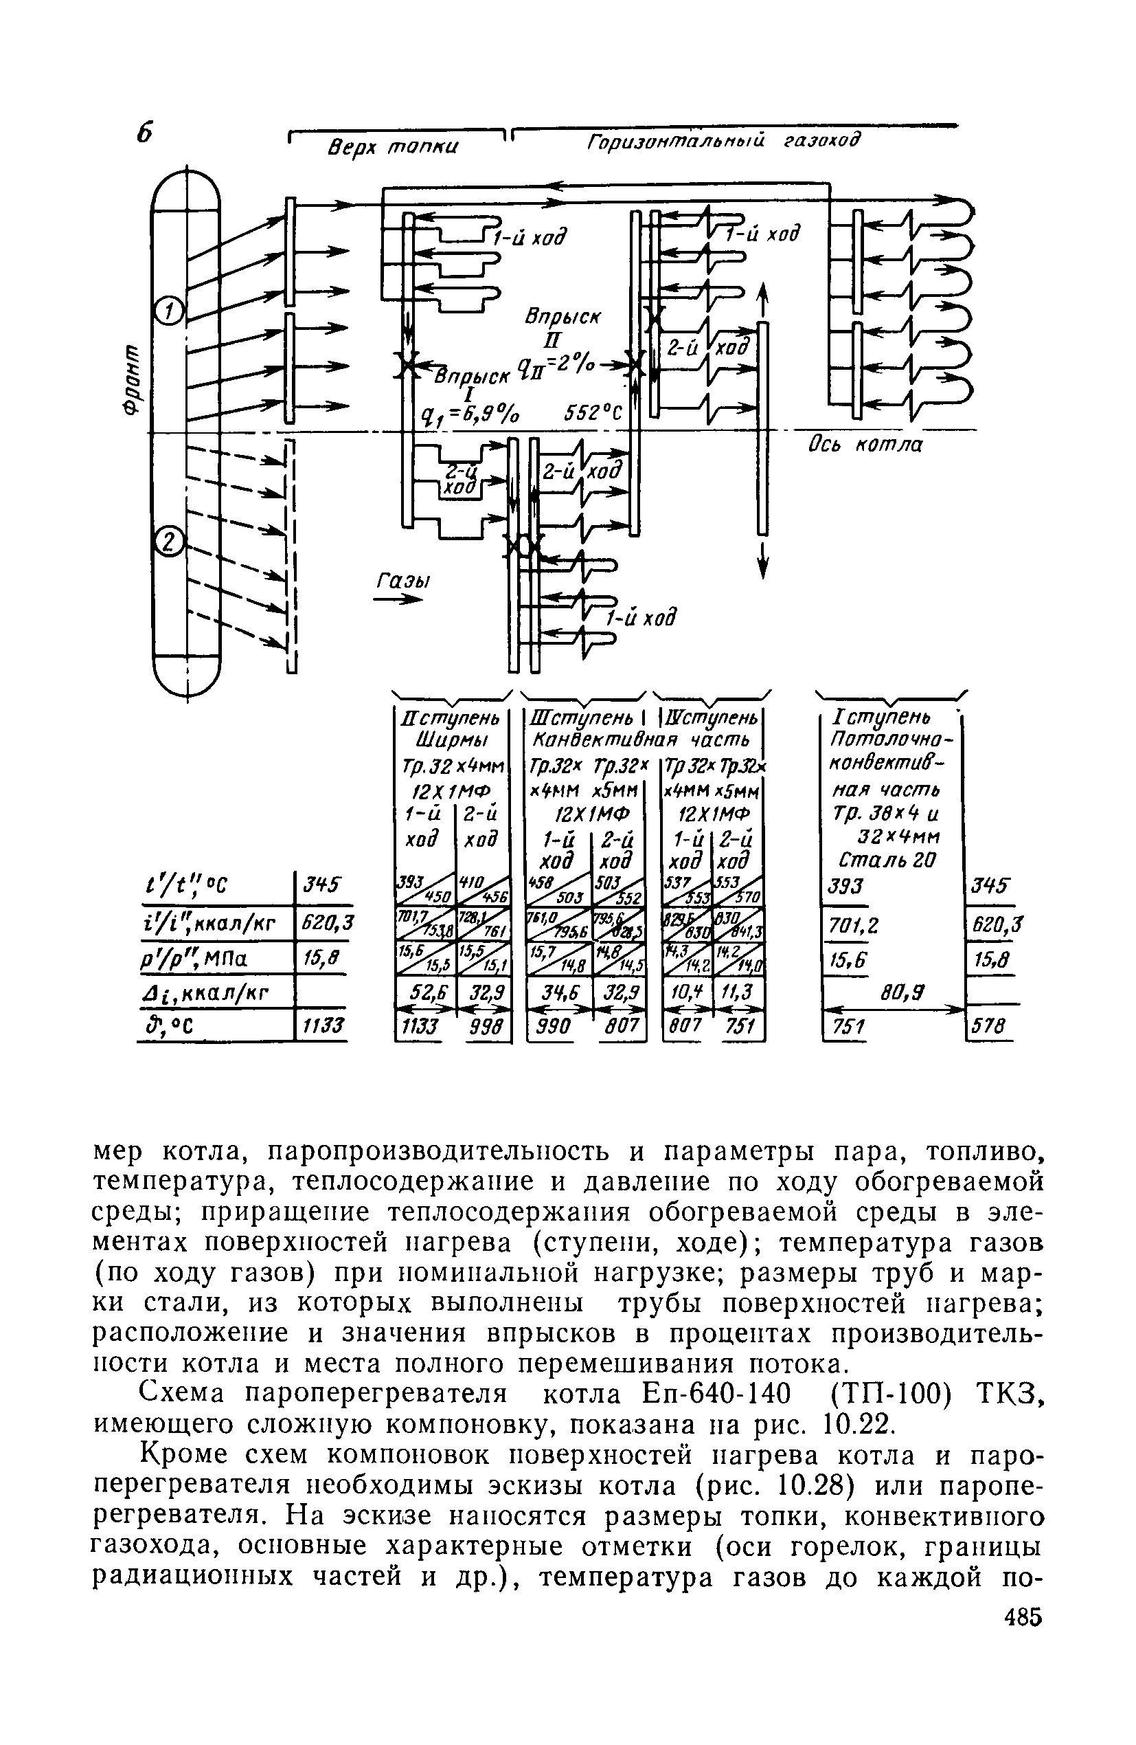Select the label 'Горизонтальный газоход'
722,140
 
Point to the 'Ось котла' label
865,445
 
